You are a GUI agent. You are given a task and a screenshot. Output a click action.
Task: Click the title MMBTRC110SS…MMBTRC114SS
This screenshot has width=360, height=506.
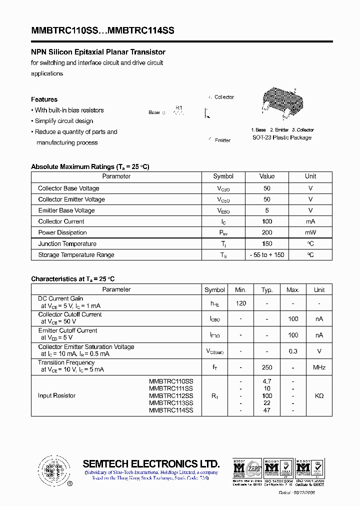(103, 30)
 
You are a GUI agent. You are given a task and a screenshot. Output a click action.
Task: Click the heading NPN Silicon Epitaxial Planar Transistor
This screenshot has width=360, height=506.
(98, 52)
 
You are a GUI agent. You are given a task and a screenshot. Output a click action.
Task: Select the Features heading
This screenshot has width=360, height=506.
(44, 99)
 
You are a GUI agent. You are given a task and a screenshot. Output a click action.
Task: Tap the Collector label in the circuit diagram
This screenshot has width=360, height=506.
(223, 97)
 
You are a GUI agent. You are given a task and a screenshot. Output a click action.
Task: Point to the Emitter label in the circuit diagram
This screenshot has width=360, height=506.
(222, 140)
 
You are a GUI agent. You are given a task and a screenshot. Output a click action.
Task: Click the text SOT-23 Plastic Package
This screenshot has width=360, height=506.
(282, 137)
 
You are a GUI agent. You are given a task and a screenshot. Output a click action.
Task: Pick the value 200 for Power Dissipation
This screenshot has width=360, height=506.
(267, 232)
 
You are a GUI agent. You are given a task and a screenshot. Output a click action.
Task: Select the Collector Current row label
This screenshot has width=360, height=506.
(61, 221)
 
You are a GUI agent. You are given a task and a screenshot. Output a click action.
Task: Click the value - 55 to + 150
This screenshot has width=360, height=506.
(267, 255)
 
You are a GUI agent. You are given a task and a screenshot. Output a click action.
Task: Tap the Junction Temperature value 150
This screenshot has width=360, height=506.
(267, 243)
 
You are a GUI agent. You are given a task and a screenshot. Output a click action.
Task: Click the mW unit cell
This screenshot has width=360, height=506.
(310, 232)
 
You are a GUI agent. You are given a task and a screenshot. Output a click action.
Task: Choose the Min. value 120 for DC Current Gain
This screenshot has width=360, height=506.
(240, 303)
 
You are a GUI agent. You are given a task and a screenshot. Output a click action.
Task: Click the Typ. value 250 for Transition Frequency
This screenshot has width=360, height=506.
(267, 367)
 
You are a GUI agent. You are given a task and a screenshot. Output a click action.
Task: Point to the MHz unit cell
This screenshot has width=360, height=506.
(319, 367)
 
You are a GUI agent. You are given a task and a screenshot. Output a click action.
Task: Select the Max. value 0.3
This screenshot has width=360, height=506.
(293, 351)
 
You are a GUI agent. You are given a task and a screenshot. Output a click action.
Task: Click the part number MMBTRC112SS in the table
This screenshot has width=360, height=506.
(170, 395)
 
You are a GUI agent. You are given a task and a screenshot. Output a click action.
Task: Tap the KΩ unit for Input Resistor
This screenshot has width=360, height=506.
(319, 395)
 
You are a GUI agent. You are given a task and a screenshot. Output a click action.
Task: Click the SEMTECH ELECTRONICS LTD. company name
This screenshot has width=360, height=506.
(151, 463)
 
